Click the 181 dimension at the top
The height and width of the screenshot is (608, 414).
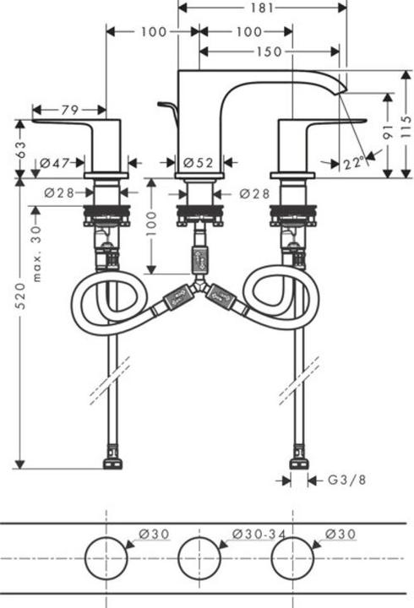(x=263, y=8)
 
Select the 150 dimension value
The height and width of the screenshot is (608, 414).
(x=269, y=52)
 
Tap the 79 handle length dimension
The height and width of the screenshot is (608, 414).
(x=69, y=110)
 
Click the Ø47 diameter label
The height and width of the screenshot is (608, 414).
(x=60, y=162)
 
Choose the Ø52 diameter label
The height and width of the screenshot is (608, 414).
(x=199, y=162)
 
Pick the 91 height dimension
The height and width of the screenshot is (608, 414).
(x=385, y=131)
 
